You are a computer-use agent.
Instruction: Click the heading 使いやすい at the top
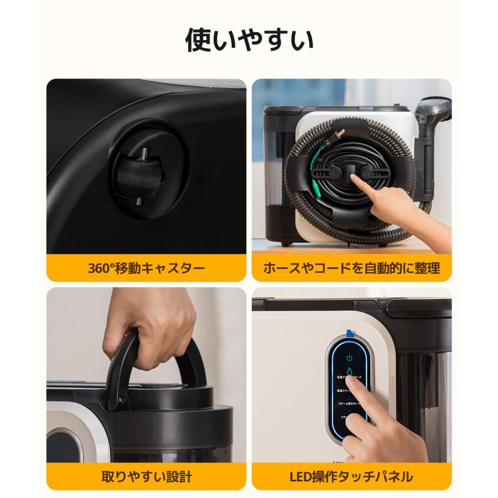click(x=248, y=40)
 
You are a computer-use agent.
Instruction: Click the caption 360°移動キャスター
click(x=146, y=269)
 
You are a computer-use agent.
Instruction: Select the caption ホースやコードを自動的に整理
click(x=351, y=269)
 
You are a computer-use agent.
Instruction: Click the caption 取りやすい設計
click(x=146, y=476)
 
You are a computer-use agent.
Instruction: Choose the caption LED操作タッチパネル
click(x=351, y=476)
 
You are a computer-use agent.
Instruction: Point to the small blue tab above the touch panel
click(x=349, y=333)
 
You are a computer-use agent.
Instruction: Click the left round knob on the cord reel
click(x=334, y=173)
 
